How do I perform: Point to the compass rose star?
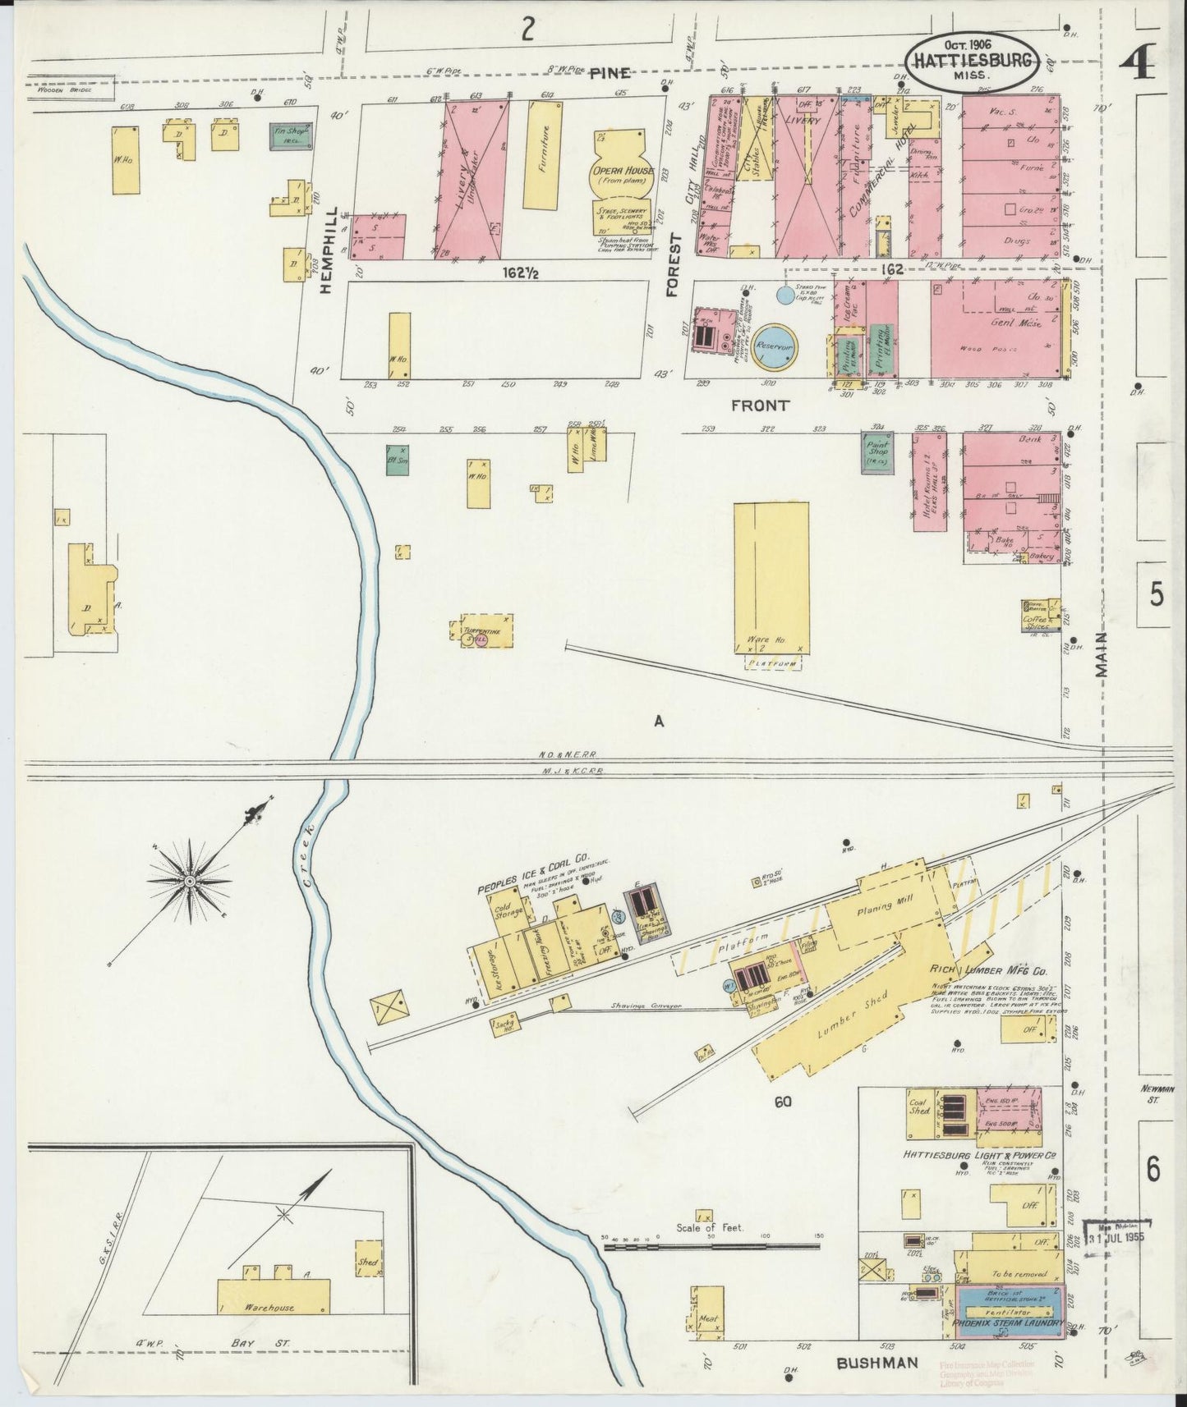(x=190, y=880)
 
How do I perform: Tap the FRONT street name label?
(x=760, y=405)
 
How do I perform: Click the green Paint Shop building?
(x=877, y=452)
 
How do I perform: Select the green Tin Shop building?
(x=291, y=135)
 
